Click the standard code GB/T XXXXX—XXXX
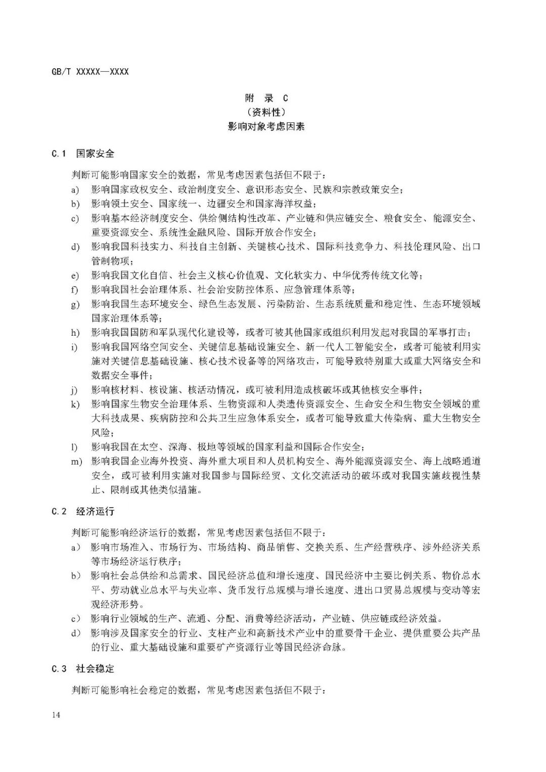click(90, 72)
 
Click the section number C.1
click(59, 153)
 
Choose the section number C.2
click(59, 511)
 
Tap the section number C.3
click(59, 668)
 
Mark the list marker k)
click(75, 404)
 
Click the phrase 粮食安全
click(403, 218)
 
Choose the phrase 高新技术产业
click(280, 633)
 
